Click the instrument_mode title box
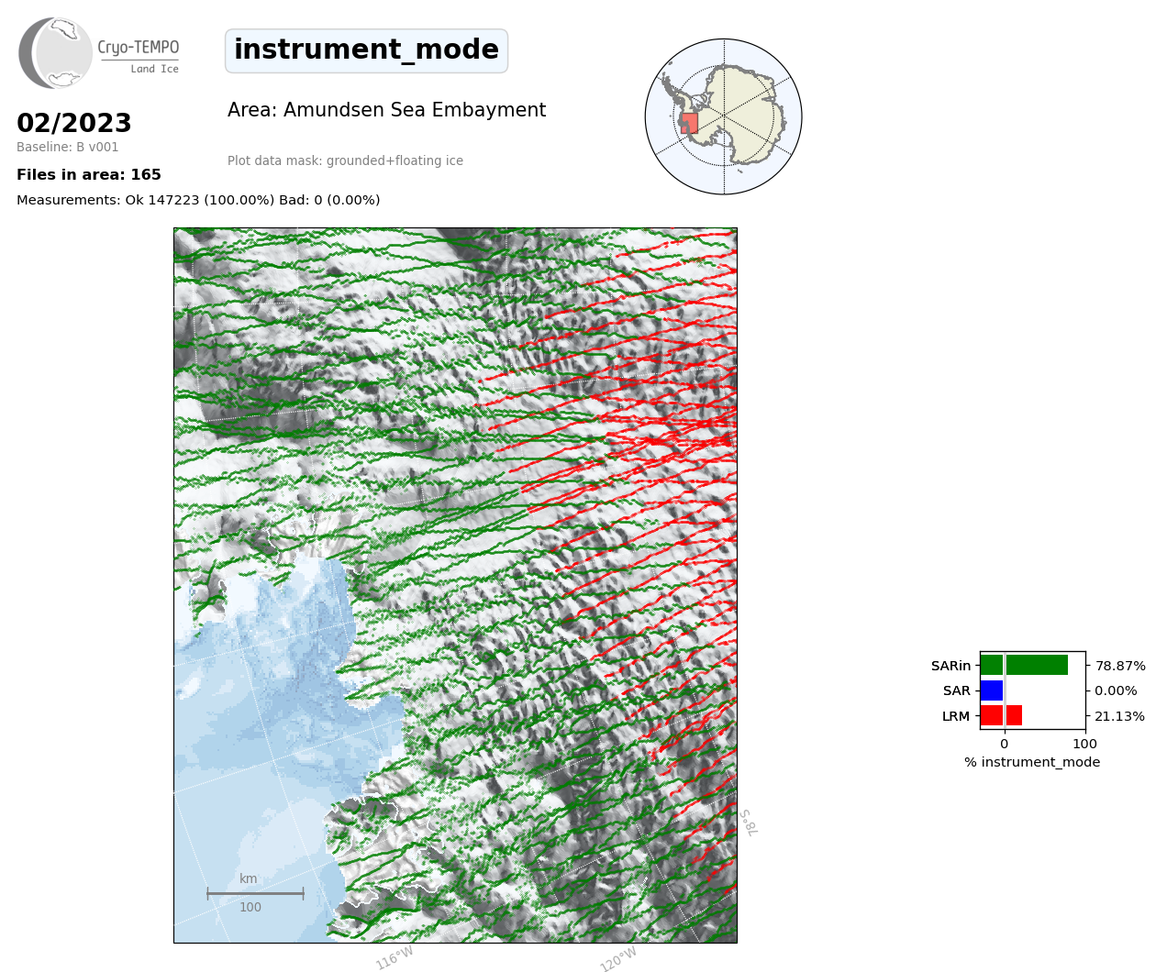click(366, 50)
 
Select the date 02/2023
click(73, 123)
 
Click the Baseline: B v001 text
click(67, 147)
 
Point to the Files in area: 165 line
click(88, 175)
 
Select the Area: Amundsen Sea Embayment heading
click(386, 110)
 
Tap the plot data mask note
click(345, 160)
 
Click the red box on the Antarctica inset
click(689, 124)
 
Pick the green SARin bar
click(1024, 665)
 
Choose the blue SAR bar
click(992, 690)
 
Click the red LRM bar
click(1001, 715)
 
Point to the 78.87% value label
click(1120, 666)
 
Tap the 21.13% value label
click(1119, 716)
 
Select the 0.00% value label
click(1116, 691)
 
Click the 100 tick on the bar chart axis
click(1084, 744)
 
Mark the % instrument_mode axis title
click(1032, 763)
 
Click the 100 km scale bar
click(255, 893)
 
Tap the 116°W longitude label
click(395, 958)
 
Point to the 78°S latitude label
click(749, 823)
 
